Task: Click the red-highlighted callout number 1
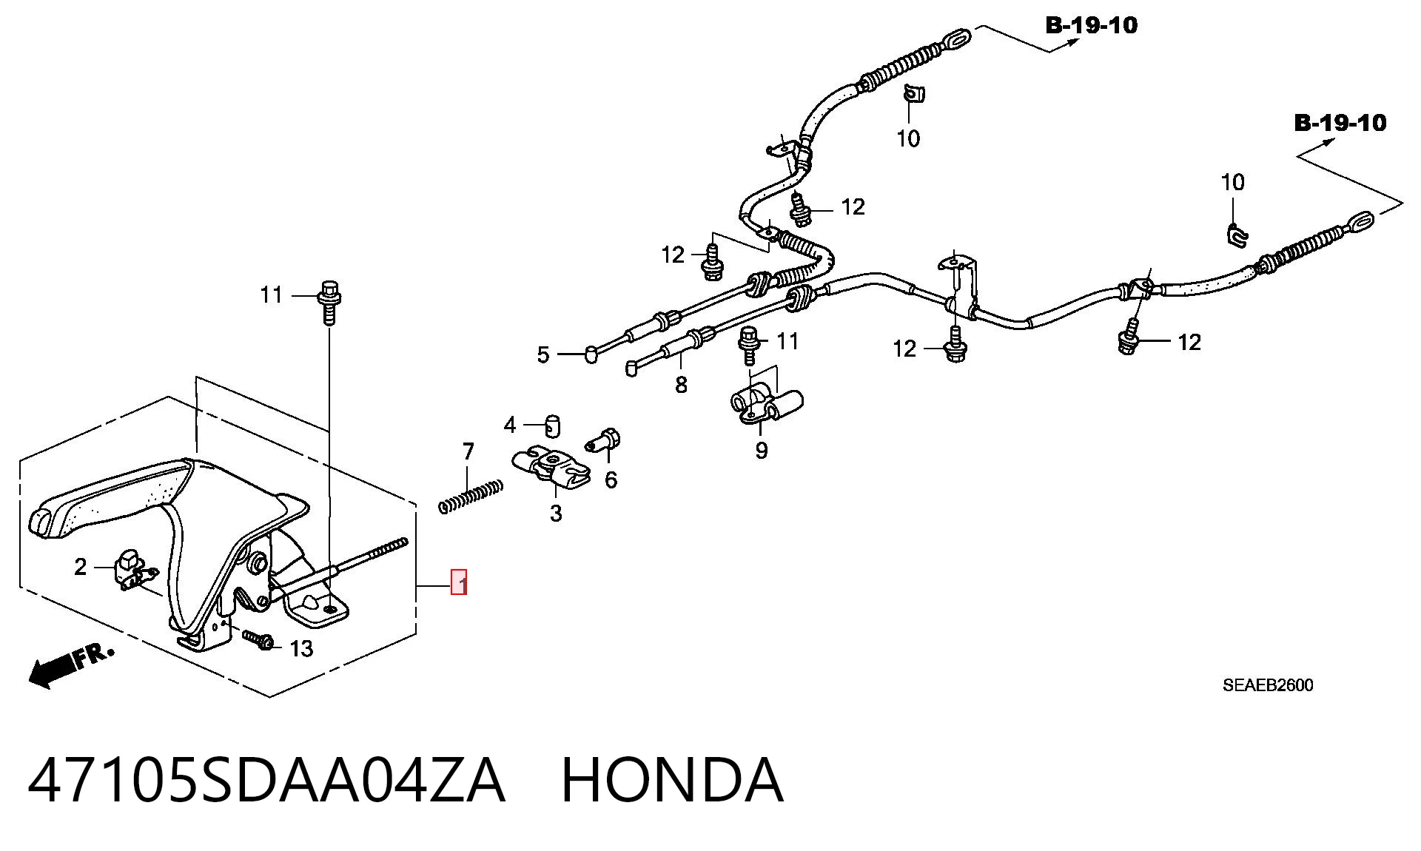[x=459, y=582]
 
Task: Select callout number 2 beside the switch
[x=81, y=567]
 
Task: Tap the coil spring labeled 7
[x=471, y=497]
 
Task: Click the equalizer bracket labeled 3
[x=551, y=468]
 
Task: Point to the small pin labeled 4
[x=553, y=425]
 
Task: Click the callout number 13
[x=301, y=649]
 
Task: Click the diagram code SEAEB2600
[x=1268, y=685]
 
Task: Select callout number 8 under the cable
[x=681, y=385]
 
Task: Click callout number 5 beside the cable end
[x=543, y=355]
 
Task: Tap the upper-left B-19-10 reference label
[x=1092, y=25]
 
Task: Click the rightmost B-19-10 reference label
[x=1340, y=123]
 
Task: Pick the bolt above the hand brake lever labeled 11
[x=329, y=302]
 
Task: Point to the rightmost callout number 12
[x=1189, y=342]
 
